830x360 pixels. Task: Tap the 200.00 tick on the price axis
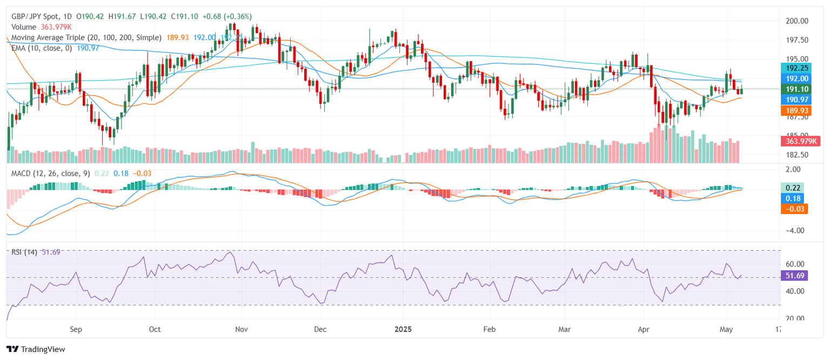click(x=797, y=21)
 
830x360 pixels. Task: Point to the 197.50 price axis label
click(x=797, y=40)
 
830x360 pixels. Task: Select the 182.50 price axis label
click(x=797, y=155)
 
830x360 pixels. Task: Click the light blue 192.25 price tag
click(x=795, y=68)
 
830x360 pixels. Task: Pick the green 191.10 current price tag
click(x=795, y=89)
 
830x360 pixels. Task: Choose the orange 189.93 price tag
click(x=795, y=110)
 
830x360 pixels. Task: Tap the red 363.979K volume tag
click(x=802, y=141)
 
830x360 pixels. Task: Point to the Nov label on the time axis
click(x=242, y=329)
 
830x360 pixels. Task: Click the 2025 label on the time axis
click(x=403, y=329)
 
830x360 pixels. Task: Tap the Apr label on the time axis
click(x=643, y=329)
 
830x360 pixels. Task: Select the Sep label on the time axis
click(x=76, y=329)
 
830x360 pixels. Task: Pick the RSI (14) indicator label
click(x=24, y=252)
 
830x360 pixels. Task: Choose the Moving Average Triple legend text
click(x=86, y=37)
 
